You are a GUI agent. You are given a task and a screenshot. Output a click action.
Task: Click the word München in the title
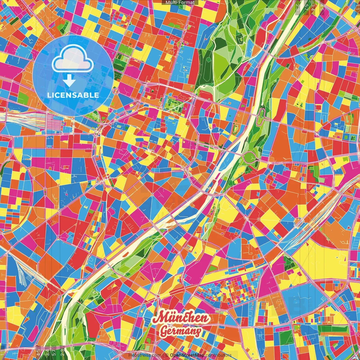pyautogui.click(x=181, y=318)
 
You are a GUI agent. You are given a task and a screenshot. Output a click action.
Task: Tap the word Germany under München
pyautogui.click(x=180, y=331)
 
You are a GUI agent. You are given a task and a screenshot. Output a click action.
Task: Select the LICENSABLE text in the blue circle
pyautogui.click(x=73, y=95)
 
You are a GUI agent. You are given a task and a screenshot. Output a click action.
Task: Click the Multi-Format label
pyautogui.click(x=180, y=3)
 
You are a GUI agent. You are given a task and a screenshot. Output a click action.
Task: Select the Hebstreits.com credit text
pyautogui.click(x=145, y=355)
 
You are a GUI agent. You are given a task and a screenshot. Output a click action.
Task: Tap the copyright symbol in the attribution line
pyautogui.click(x=166, y=355)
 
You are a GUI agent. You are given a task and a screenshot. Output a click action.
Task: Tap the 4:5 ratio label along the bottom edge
pyautogui.click(x=38, y=352)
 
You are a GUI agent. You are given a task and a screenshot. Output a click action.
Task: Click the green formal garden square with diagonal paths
pyautogui.click(x=173, y=103)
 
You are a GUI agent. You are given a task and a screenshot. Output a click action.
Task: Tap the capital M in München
pyautogui.click(x=159, y=318)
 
